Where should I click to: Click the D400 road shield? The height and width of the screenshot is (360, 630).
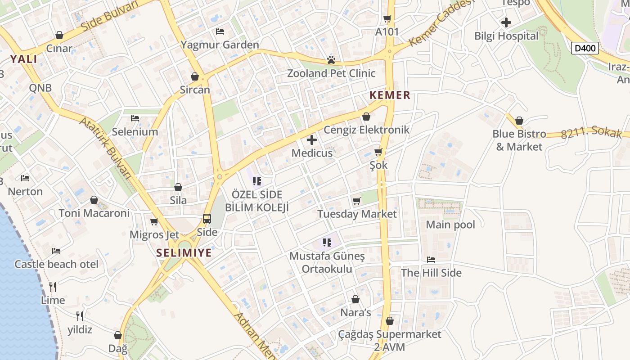tap(585, 48)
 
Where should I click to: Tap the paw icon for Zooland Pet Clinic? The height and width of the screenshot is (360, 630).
tap(331, 60)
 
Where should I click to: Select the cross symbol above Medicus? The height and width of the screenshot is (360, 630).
tap(311, 140)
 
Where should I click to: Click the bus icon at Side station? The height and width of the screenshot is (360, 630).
tap(207, 219)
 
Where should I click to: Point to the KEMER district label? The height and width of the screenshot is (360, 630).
tap(390, 95)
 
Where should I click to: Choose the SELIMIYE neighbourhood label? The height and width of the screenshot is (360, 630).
tap(184, 252)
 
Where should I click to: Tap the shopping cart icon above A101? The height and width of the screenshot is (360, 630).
tap(387, 18)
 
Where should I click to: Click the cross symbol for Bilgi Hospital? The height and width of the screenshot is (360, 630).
tap(506, 22)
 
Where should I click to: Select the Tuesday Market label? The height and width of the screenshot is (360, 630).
tap(357, 214)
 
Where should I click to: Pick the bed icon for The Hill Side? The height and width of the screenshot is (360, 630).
tap(431, 260)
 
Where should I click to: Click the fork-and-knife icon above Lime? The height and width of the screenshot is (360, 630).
tap(53, 287)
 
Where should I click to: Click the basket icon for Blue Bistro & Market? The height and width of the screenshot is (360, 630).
tap(519, 121)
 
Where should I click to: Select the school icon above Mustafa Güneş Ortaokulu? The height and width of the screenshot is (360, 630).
tap(327, 243)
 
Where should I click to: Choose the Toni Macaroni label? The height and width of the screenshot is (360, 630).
tap(94, 213)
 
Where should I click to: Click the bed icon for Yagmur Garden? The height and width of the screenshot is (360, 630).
tap(220, 31)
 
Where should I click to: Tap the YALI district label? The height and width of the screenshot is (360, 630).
tap(24, 59)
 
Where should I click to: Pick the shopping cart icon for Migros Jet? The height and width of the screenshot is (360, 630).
tap(154, 221)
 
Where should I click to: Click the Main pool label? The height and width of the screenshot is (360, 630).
tap(450, 224)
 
